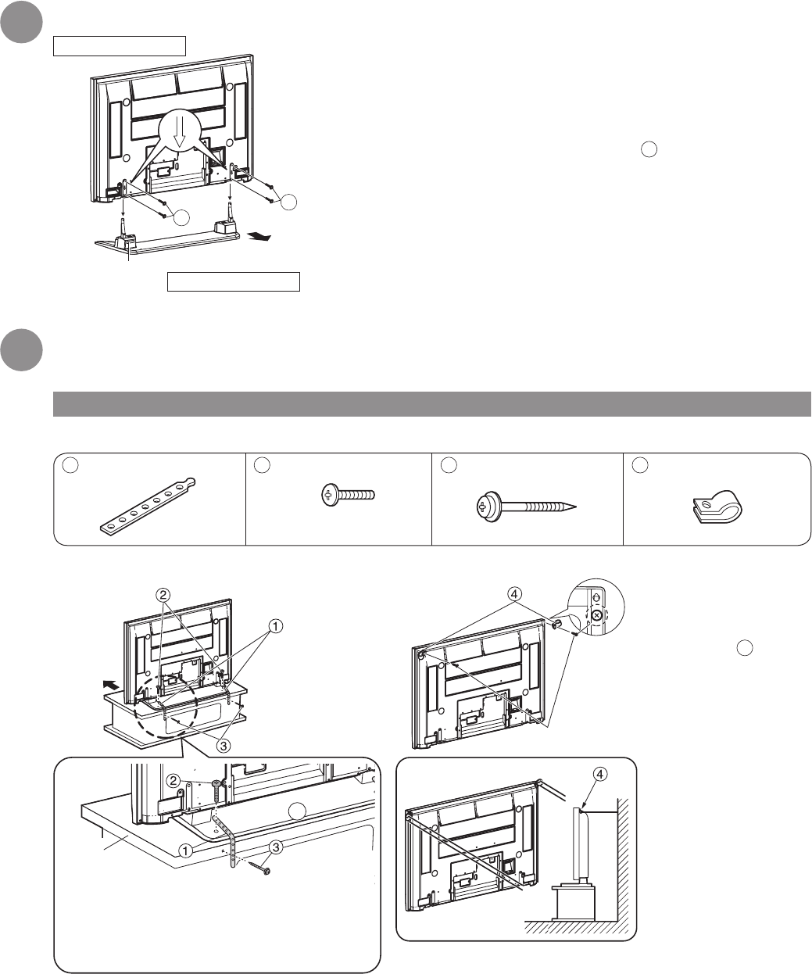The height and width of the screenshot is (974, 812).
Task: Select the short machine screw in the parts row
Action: [349, 495]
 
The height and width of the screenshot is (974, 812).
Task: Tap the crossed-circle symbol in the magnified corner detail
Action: [597, 615]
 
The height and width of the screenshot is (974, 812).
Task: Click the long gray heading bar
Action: [430, 404]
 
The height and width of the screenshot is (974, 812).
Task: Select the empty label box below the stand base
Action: [233, 281]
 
